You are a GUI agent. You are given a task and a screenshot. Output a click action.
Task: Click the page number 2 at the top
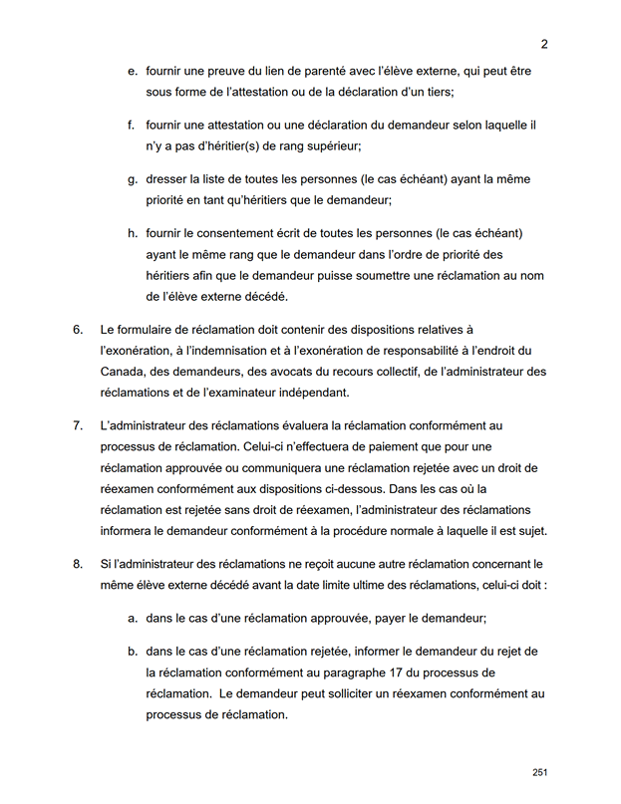pyautogui.click(x=544, y=44)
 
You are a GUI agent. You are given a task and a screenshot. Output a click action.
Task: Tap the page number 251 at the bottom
pyautogui.click(x=540, y=773)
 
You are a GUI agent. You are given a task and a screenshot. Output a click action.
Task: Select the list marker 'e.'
pyautogui.click(x=133, y=73)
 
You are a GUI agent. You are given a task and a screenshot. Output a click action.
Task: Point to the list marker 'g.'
pyautogui.click(x=133, y=179)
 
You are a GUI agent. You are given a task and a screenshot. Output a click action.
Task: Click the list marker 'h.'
pyautogui.click(x=133, y=233)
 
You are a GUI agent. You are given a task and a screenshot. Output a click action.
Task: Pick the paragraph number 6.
pyautogui.click(x=78, y=329)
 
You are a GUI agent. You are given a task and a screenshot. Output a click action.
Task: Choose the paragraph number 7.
pyautogui.click(x=78, y=425)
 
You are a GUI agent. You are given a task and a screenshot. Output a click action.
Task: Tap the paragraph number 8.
pyautogui.click(x=78, y=565)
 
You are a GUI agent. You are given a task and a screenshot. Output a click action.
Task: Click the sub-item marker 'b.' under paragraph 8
pyautogui.click(x=133, y=651)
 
